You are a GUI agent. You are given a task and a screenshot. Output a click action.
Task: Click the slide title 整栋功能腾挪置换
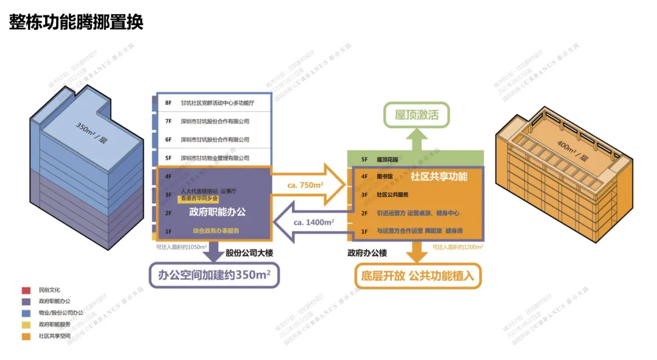click(x=76, y=22)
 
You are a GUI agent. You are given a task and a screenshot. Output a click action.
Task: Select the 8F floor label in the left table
click(x=169, y=103)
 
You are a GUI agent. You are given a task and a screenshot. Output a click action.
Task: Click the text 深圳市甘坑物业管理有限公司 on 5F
click(x=215, y=158)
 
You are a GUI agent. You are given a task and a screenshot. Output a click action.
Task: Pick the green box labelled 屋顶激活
click(x=416, y=115)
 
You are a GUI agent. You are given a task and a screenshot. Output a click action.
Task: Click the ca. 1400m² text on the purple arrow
click(x=313, y=223)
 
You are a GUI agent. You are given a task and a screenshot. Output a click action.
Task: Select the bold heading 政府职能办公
click(x=217, y=212)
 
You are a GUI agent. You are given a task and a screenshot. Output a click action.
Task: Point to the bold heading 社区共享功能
click(x=439, y=177)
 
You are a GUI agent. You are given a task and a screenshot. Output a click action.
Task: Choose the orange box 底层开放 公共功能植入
click(x=417, y=275)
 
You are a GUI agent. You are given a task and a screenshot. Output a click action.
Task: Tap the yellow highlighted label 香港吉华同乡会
click(x=198, y=198)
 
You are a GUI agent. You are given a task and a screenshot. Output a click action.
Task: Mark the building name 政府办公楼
click(x=367, y=252)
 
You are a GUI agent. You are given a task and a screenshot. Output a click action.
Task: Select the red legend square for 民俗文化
click(x=26, y=290)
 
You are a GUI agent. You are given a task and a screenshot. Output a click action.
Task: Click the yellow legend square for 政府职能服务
click(x=26, y=325)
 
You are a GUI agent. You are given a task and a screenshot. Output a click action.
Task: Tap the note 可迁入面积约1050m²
click(x=182, y=247)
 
